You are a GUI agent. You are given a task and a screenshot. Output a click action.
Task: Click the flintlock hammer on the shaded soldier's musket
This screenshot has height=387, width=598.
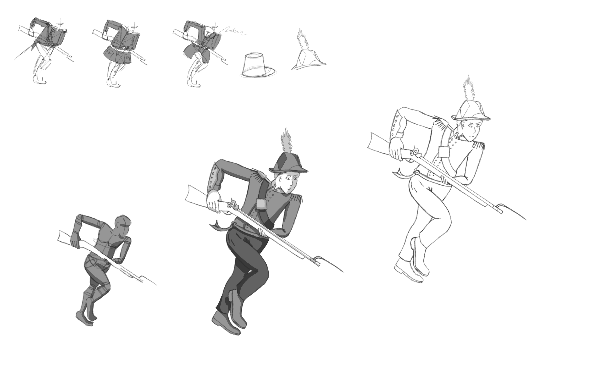click(x=233, y=202)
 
